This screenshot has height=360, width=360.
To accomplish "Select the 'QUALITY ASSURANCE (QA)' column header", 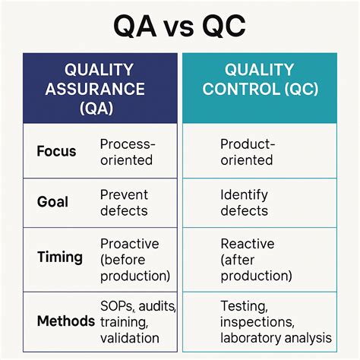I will (x=100, y=89).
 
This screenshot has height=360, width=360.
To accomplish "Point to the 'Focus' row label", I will (x=56, y=151).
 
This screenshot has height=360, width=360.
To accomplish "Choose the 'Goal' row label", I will (x=52, y=202).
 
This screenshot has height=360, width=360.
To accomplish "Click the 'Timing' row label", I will (x=59, y=257).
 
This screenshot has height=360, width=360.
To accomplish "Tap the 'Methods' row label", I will (x=65, y=321).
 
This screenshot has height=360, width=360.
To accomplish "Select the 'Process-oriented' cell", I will (x=127, y=152).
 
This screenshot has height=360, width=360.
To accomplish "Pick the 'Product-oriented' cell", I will (x=247, y=152).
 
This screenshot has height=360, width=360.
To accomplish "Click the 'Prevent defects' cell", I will (x=125, y=202).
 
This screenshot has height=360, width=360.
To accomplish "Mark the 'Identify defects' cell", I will (x=245, y=203).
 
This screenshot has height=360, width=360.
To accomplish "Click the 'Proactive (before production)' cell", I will (x=135, y=259).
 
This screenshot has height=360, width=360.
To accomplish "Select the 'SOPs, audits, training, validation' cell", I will (x=137, y=321).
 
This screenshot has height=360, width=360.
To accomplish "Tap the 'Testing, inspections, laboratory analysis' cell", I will (x=275, y=321).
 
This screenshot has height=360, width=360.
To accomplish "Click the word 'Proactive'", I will (x=130, y=244).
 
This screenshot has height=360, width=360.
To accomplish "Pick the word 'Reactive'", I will (x=247, y=244).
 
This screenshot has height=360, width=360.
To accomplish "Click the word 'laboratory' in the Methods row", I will (x=251, y=337).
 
